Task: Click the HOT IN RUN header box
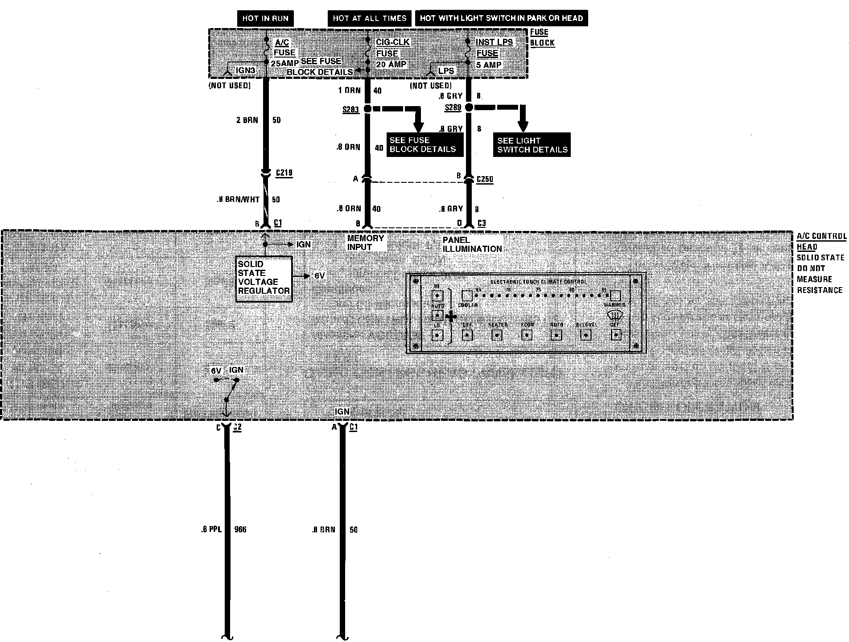click(x=265, y=18)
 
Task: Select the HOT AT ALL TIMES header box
click(x=369, y=18)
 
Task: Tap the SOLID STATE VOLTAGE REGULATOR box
click(x=264, y=278)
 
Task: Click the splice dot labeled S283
click(x=367, y=109)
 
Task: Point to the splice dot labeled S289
click(x=469, y=107)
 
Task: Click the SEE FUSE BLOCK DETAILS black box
click(x=422, y=145)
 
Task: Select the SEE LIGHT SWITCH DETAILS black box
click(x=532, y=145)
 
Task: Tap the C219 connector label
click(x=284, y=173)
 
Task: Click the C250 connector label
click(x=485, y=179)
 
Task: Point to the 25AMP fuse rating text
click(x=284, y=63)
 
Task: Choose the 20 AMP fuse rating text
click(x=391, y=64)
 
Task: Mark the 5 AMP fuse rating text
click(x=489, y=65)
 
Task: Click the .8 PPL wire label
click(x=211, y=530)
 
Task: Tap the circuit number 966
click(x=240, y=530)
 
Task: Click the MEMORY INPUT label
click(x=365, y=243)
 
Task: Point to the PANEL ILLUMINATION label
click(x=472, y=244)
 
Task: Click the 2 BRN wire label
click(x=247, y=120)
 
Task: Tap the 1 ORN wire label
click(x=349, y=91)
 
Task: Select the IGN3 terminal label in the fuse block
click(x=246, y=70)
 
